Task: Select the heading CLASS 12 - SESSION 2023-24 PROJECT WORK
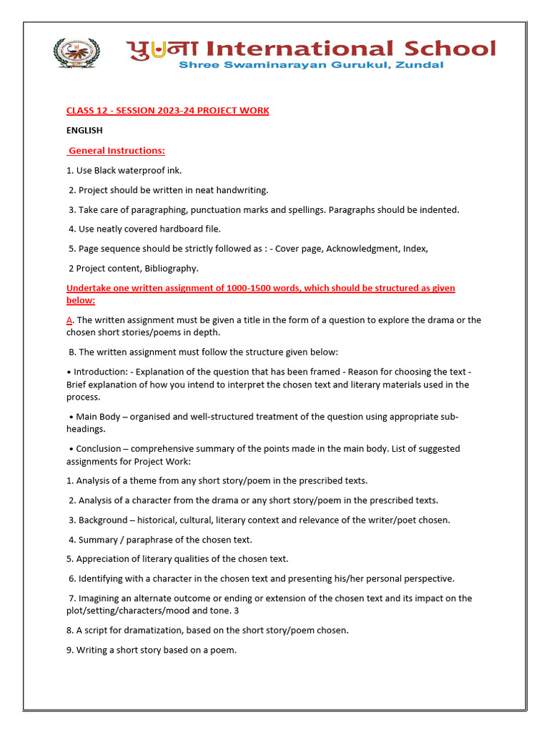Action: pyautogui.click(x=167, y=111)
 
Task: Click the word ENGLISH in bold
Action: pyautogui.click(x=84, y=131)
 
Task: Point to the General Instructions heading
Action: pyautogui.click(x=117, y=151)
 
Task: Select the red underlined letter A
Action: pyautogui.click(x=69, y=320)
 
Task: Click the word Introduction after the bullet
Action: pyautogui.click(x=102, y=372)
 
